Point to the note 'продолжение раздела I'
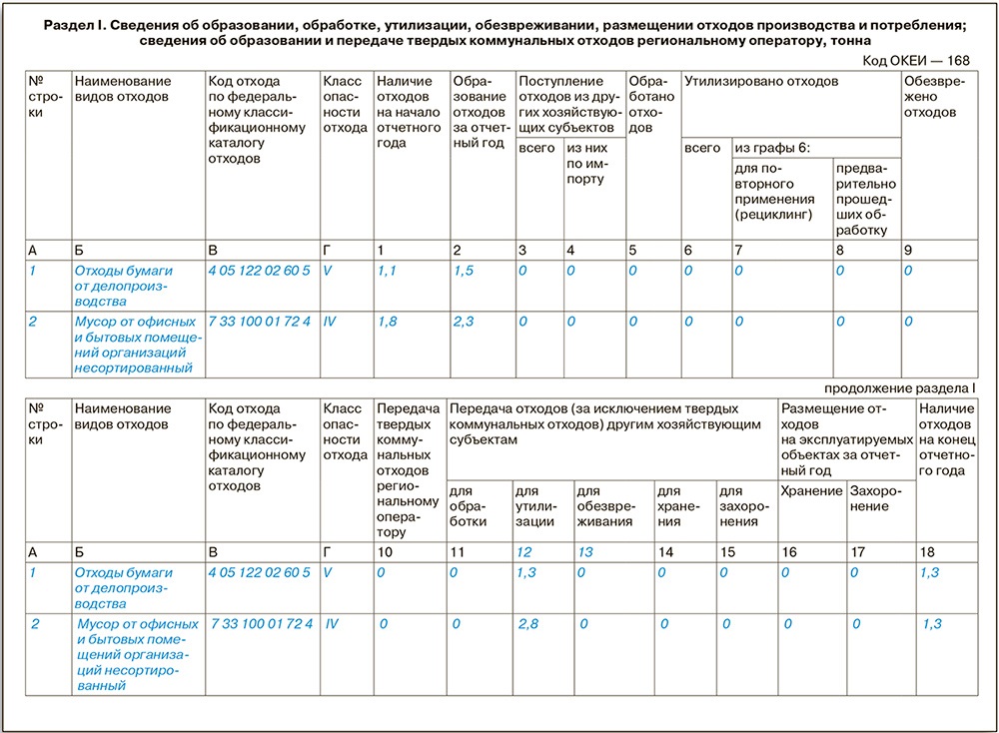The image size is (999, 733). (900, 386)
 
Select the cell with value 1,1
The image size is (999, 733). (388, 270)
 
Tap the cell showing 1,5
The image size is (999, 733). (463, 270)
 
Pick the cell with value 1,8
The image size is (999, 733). (388, 322)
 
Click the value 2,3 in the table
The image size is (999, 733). (463, 322)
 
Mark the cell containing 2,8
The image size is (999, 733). (526, 623)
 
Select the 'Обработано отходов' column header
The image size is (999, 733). (651, 104)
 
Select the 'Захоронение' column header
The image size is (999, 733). (873, 498)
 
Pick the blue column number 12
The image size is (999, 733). (522, 551)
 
